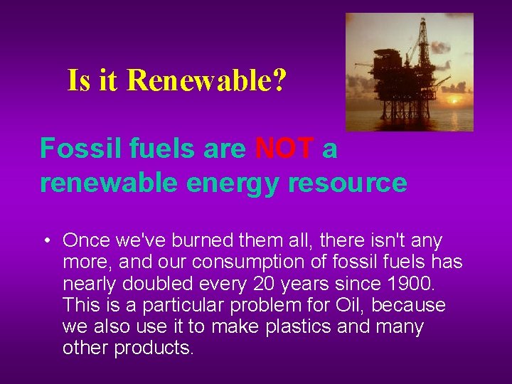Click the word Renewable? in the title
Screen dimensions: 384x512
pyautogui.click(x=206, y=80)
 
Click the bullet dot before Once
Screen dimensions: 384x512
pyautogui.click(x=45, y=241)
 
